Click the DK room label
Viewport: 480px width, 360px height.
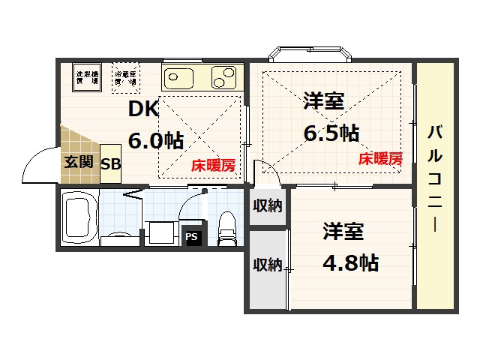143,109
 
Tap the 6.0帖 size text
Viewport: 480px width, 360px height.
156,140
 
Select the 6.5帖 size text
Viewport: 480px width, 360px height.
331,133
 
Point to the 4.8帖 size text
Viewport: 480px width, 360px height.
350,262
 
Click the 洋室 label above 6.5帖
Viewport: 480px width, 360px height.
324,101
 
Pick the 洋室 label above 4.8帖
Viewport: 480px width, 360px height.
343,232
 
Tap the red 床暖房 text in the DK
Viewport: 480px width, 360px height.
211,165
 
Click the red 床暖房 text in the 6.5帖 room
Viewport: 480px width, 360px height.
380,158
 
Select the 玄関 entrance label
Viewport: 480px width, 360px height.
78,161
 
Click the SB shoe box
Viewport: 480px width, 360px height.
110,163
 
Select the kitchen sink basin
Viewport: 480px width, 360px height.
178,77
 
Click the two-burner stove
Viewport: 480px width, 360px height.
224,76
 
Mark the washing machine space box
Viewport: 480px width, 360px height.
88,79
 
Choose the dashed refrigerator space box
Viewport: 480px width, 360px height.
125,79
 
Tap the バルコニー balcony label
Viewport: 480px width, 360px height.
436,180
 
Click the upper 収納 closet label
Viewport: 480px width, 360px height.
267,205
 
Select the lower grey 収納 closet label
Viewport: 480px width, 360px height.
267,265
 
